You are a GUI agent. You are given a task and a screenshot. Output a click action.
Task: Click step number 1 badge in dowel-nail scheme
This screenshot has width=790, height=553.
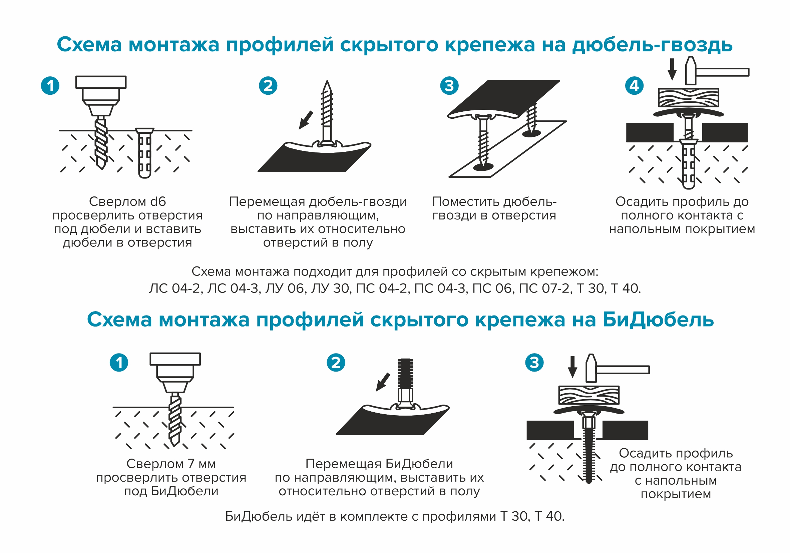(x=50, y=86)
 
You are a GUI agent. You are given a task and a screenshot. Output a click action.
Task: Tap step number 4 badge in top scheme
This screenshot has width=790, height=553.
(x=634, y=86)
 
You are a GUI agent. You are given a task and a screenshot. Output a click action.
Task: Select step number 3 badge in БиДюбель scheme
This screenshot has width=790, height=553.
(x=534, y=363)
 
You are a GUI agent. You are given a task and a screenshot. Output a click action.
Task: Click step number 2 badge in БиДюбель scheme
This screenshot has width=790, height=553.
(x=336, y=363)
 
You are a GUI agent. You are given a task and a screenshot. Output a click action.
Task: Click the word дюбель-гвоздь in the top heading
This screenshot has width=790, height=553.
(x=652, y=45)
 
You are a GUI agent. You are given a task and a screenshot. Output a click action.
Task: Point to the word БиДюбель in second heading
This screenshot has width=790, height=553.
(x=658, y=320)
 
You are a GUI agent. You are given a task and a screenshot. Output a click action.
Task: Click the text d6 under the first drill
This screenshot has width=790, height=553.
(x=158, y=201)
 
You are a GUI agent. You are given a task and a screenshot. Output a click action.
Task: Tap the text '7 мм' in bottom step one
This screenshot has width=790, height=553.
(x=202, y=464)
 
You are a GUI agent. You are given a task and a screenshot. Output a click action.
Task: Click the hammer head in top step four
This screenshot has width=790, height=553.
(x=690, y=71)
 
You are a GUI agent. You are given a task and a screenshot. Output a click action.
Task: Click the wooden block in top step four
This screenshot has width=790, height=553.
(x=689, y=98)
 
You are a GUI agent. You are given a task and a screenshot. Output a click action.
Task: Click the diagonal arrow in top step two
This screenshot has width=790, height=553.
(x=306, y=120)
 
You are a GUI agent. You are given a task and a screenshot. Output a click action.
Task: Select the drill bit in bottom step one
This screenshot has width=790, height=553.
(x=175, y=421)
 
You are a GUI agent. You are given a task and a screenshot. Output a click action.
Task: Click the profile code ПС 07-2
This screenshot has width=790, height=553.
(x=544, y=289)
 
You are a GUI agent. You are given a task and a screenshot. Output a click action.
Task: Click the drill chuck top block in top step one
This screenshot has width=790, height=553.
(x=101, y=82)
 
